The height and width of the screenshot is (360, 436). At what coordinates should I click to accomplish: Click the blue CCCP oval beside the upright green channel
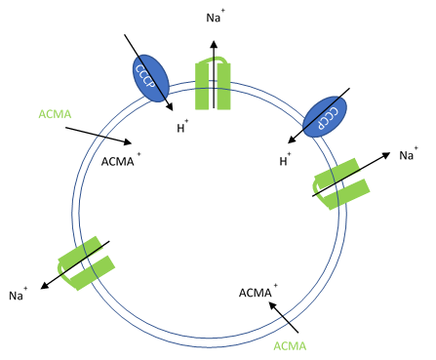coord(150,78)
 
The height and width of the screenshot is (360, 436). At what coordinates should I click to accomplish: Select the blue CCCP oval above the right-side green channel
coord(325,116)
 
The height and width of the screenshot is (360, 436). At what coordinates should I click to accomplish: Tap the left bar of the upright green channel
coord(202,88)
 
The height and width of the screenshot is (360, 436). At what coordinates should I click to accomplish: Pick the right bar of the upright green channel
coord(224,88)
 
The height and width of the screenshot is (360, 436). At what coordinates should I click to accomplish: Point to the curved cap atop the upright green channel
coord(215,60)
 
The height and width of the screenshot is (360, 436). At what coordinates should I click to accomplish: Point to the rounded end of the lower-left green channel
coord(64,276)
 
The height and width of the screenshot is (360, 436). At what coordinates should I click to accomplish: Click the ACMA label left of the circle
coord(55,114)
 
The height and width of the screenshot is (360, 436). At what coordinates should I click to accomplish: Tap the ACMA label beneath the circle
coord(290,346)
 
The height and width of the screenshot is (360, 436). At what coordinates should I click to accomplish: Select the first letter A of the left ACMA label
coord(42,114)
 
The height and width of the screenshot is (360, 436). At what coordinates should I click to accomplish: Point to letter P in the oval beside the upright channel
coord(160,89)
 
